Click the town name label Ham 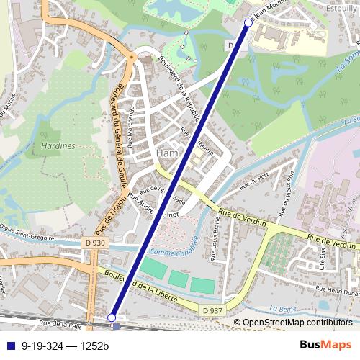tap(166, 153)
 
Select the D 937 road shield tap(212, 310)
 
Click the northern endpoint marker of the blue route tap(248, 23)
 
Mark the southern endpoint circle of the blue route tap(112, 317)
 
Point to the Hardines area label tap(59, 145)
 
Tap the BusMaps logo tap(325, 345)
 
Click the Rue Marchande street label tap(132, 127)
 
